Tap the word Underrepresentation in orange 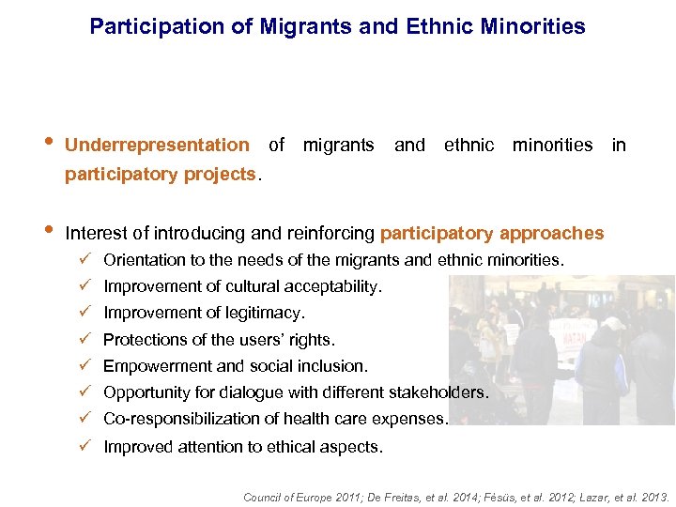[157, 146]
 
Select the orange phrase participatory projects [160, 174]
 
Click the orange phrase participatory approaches [492, 233]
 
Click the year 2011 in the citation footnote [344, 498]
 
